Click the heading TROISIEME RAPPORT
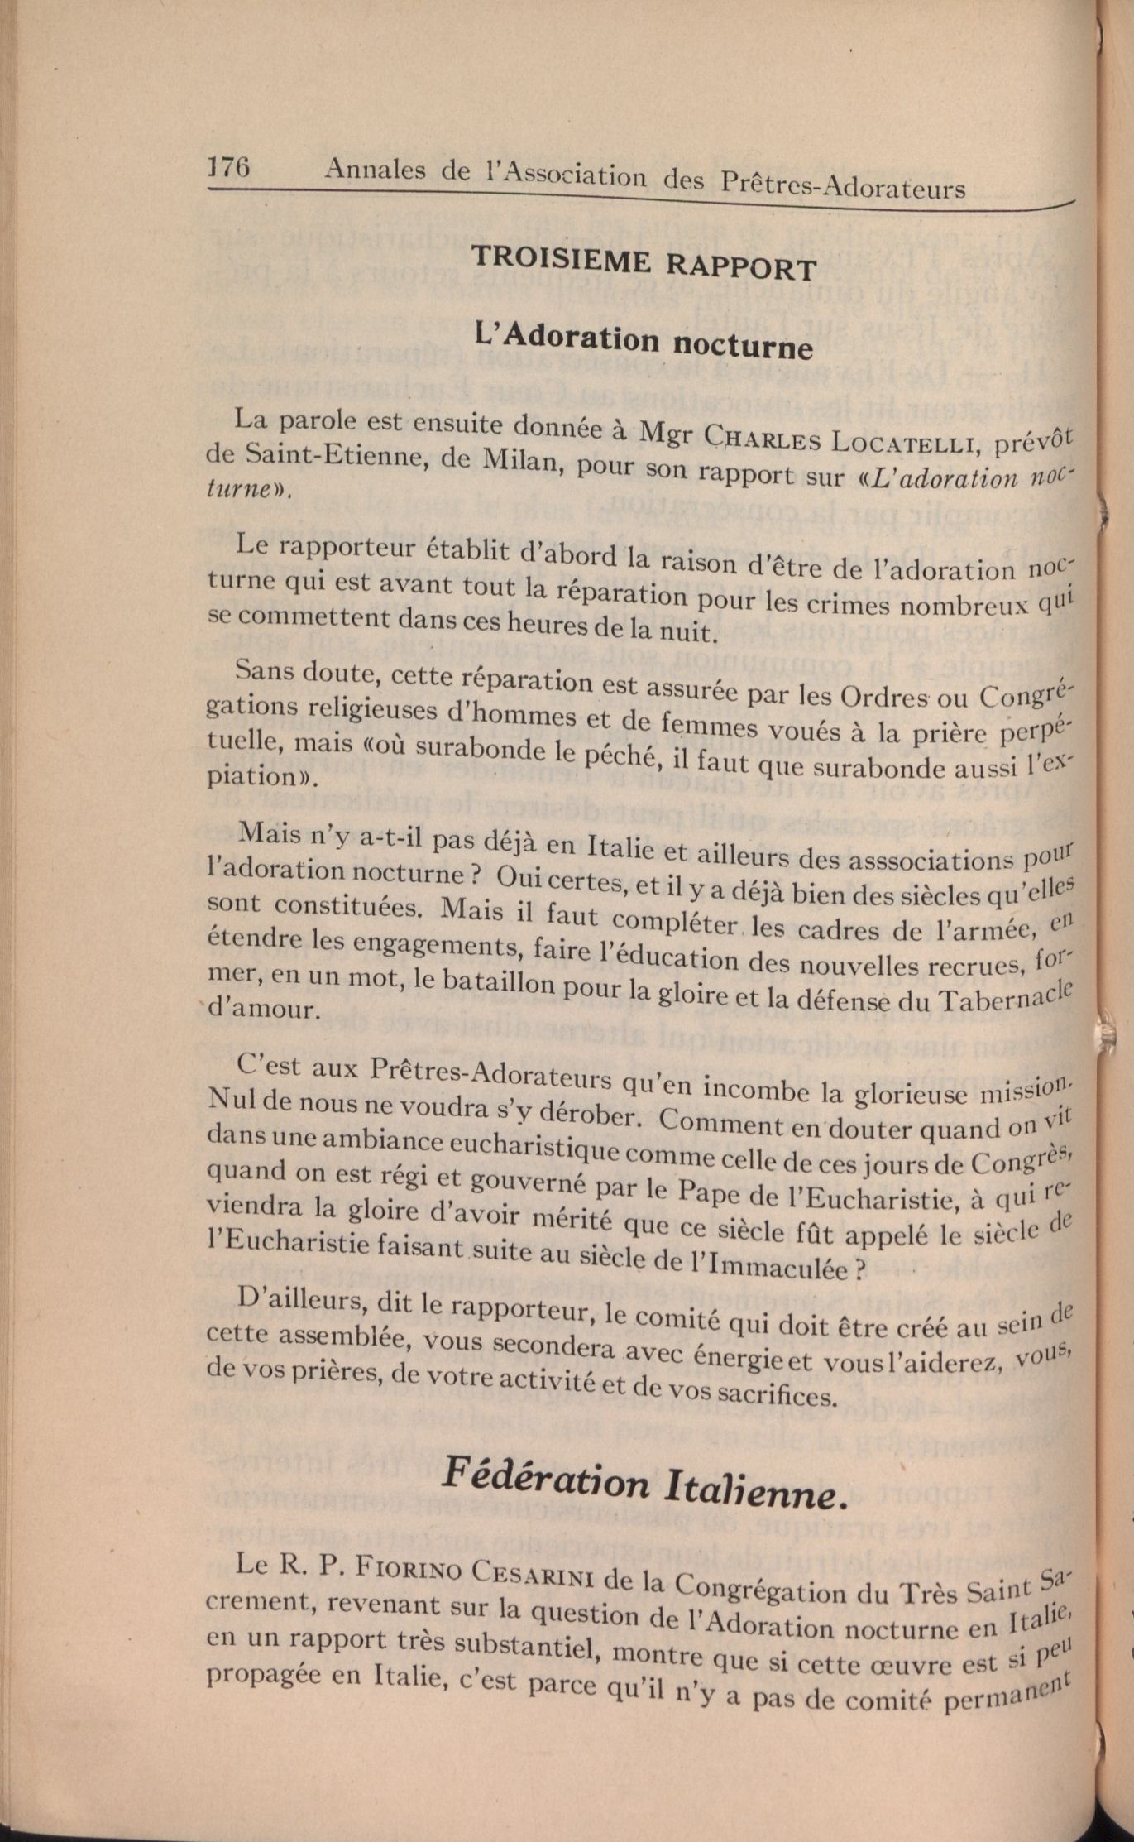pos(644,262)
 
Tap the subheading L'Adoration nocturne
pos(644,340)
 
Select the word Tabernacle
pos(1005,997)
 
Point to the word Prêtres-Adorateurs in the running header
pos(843,185)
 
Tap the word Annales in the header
pos(375,170)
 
